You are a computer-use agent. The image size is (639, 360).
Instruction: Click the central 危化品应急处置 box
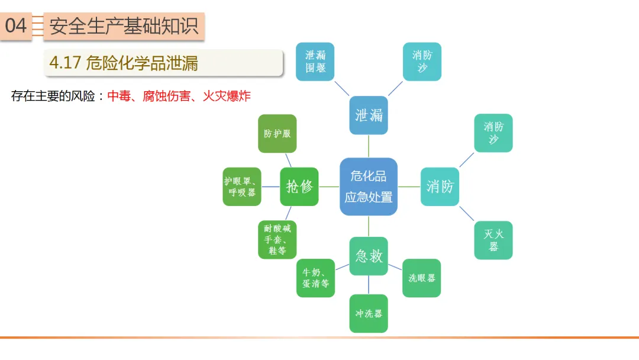(368, 187)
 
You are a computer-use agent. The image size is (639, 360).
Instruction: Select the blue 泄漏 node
(369, 115)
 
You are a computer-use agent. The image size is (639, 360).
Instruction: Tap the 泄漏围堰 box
(315, 62)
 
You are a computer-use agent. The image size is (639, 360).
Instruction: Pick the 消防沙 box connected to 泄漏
(422, 62)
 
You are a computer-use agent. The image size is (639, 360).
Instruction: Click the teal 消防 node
(440, 187)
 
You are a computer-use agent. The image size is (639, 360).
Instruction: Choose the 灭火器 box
(493, 240)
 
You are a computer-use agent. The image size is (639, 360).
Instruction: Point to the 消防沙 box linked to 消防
(493, 133)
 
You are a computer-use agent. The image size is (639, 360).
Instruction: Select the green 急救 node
(369, 256)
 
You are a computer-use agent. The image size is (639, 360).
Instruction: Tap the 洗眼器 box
(421, 278)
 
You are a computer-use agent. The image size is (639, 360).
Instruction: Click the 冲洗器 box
(369, 313)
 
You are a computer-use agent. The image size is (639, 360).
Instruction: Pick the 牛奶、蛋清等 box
(315, 278)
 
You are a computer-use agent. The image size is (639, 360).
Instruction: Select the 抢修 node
(299, 187)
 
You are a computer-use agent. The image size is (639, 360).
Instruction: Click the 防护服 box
(277, 134)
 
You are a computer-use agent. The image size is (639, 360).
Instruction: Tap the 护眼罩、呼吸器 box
(242, 187)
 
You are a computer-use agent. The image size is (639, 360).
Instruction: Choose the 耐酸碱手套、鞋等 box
(277, 239)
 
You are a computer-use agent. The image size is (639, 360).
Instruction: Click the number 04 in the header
(16, 25)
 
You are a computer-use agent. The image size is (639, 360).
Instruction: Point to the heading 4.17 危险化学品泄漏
(124, 63)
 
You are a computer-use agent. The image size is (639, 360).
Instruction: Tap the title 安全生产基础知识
(124, 26)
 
